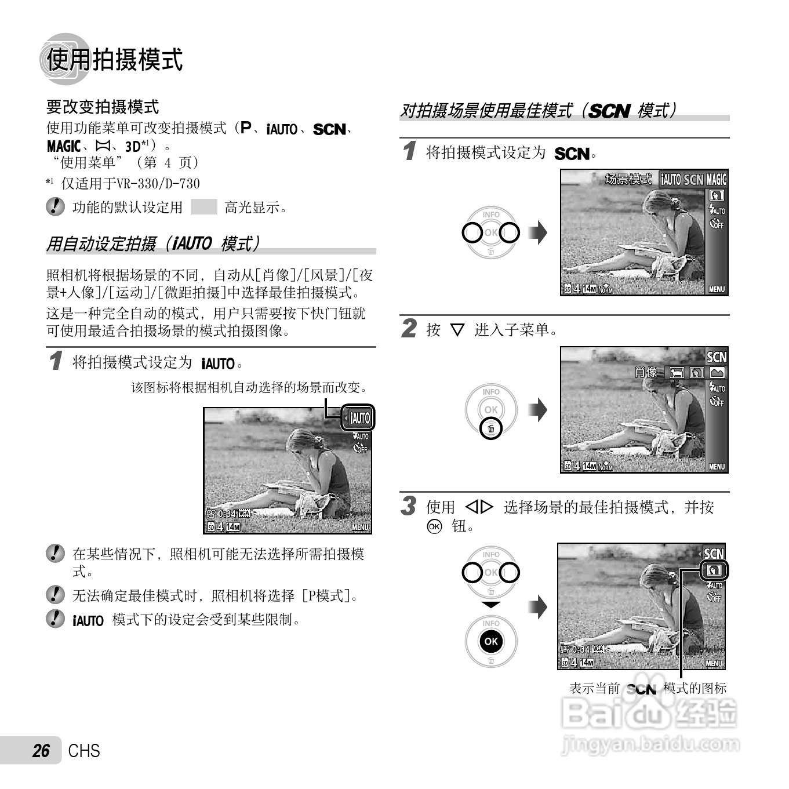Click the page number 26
pyautogui.click(x=41, y=751)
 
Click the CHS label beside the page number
pyautogui.click(x=84, y=751)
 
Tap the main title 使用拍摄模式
pyautogui.click(x=114, y=60)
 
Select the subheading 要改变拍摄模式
pyautogui.click(x=103, y=107)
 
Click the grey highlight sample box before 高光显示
pyautogui.click(x=203, y=207)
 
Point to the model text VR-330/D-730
pyautogui.click(x=158, y=184)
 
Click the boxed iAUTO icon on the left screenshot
pyautogui.click(x=359, y=418)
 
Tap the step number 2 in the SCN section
pyautogui.click(x=409, y=329)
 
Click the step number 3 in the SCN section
pyautogui.click(x=409, y=506)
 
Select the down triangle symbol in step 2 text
pyautogui.click(x=457, y=330)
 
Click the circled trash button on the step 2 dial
pyautogui.click(x=491, y=429)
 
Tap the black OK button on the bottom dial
pyautogui.click(x=491, y=641)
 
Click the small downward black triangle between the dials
pyautogui.click(x=491, y=605)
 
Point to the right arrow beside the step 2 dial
pyautogui.click(x=539, y=410)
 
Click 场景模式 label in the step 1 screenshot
pyautogui.click(x=628, y=179)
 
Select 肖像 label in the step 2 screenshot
pyautogui.click(x=646, y=372)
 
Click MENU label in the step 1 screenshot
pyautogui.click(x=717, y=289)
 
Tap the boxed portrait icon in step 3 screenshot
pyautogui.click(x=714, y=570)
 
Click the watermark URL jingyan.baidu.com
pyautogui.click(x=650, y=744)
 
